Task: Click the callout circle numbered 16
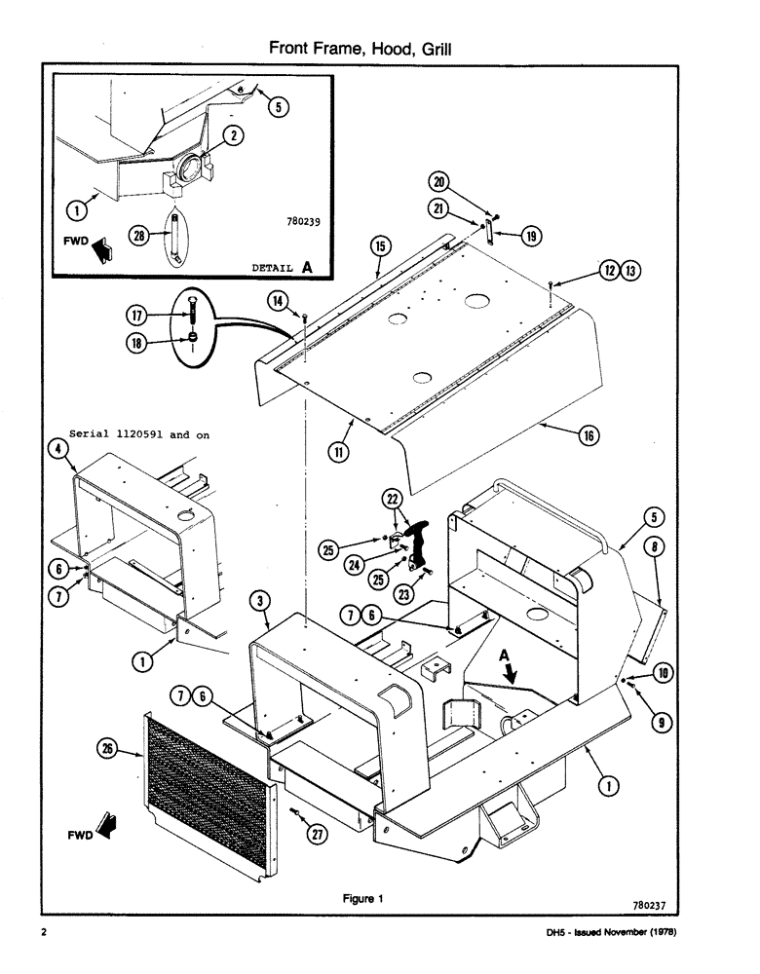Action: [x=589, y=436]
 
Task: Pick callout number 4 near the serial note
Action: [x=57, y=449]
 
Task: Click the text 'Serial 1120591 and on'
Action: [x=139, y=434]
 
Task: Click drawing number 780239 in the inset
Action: [x=298, y=221]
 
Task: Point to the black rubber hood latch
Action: [x=421, y=545]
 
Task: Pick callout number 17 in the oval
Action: [x=136, y=315]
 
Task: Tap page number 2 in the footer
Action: [x=45, y=933]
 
